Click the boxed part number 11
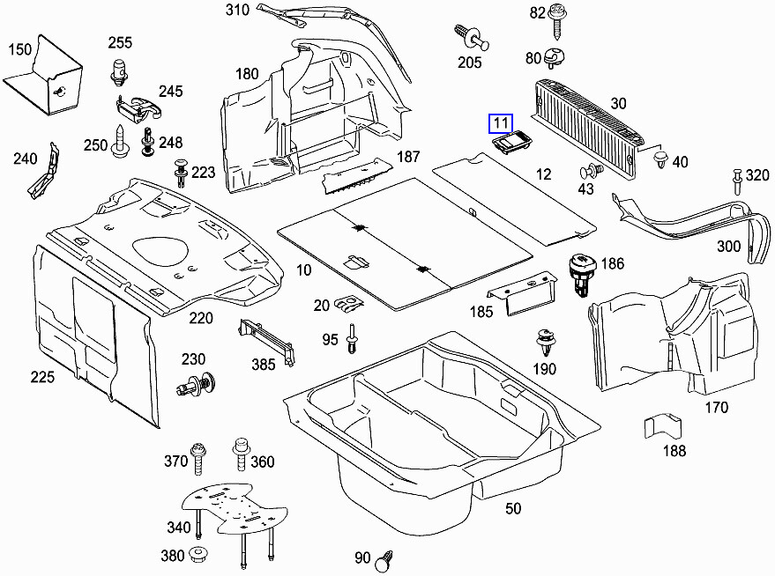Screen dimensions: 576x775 click(501, 123)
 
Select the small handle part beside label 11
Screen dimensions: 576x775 click(510, 144)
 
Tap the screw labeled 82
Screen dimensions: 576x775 click(557, 18)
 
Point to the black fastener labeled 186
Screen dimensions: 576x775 click(583, 274)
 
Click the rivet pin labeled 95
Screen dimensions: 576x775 click(353, 338)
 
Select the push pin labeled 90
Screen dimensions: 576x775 click(384, 558)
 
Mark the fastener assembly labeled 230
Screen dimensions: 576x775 click(197, 384)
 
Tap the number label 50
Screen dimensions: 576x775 click(512, 508)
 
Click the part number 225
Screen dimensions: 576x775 click(42, 377)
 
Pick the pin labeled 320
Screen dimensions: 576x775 click(734, 182)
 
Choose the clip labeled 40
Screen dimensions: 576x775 click(659, 159)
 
